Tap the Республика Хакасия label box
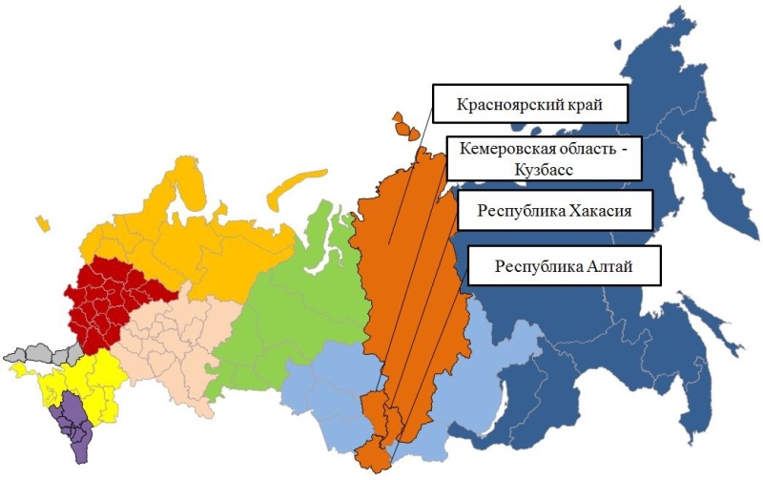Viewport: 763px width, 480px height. coord(547,211)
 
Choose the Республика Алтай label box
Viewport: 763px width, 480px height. coord(565,265)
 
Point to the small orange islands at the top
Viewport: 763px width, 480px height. coord(406,124)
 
